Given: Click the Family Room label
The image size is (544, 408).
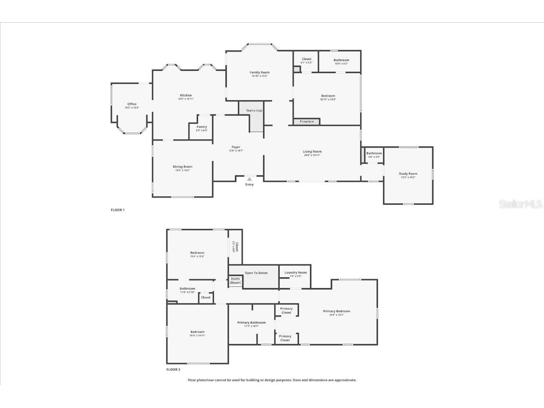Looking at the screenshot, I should pos(259,72).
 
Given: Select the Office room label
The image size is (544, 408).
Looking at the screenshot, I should pos(132,104).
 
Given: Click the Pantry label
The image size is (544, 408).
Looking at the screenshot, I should pos(202,127).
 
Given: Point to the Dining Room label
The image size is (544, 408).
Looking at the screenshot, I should pos(182,166).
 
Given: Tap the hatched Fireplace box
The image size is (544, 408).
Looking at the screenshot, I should pos(307,122).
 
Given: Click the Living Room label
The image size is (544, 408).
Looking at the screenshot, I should pos(312,152).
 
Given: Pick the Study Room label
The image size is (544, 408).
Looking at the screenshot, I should pos(408,174).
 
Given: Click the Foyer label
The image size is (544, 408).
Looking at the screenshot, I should pos(236,147).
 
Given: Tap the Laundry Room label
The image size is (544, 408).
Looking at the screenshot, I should pos(295,273).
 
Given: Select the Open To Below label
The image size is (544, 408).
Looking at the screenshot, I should pos(256,273).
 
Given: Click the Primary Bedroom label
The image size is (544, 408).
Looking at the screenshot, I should pos(337,311).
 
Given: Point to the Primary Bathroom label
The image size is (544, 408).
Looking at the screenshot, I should pos(251,322).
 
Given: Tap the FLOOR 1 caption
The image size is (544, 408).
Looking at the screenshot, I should pos(118,209).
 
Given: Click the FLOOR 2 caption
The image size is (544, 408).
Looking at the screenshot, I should pos(173,369).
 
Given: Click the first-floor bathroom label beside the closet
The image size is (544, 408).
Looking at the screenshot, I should pos(341,60).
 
